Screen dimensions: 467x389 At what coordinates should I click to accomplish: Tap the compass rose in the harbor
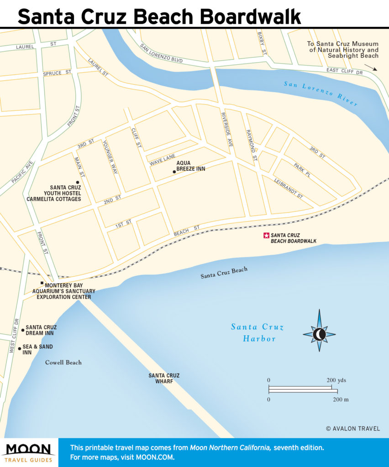tap(319, 334)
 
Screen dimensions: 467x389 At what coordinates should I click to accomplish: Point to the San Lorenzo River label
tap(321, 93)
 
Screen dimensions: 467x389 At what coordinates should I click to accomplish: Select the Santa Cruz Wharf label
tap(164, 379)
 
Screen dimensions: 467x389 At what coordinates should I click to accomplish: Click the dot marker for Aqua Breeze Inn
tap(174, 172)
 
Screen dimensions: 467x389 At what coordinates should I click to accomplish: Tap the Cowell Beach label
tap(63, 363)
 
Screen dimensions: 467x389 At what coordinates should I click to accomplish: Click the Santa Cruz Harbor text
tap(257, 332)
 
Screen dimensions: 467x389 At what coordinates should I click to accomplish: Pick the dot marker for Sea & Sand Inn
tap(19, 348)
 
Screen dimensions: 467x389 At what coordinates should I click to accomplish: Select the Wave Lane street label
tap(162, 159)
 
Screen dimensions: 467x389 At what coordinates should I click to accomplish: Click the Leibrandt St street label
tap(289, 188)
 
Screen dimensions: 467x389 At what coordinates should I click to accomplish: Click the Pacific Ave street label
tap(23, 172)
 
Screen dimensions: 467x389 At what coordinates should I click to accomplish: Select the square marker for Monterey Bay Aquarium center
tap(42, 283)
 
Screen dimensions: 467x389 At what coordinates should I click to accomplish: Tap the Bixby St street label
tap(261, 44)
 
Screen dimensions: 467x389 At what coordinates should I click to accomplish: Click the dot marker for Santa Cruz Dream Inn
tap(23, 330)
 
